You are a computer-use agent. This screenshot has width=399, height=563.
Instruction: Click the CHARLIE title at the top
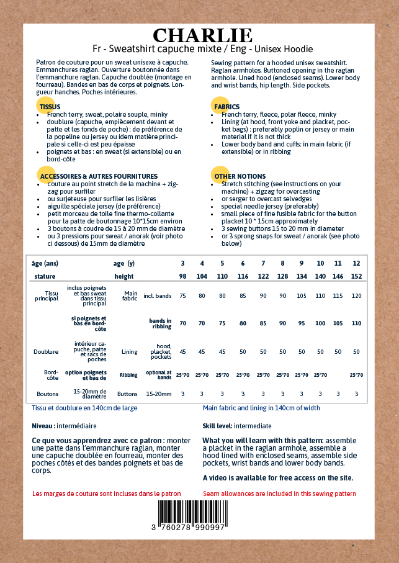pyautogui.click(x=202, y=35)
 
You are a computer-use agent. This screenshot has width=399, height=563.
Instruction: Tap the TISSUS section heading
pyautogui.click(x=50, y=107)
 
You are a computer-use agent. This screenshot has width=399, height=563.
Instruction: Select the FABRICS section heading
pyautogui.click(x=226, y=107)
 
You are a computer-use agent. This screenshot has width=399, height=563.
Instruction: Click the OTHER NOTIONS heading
pyautogui.click(x=240, y=176)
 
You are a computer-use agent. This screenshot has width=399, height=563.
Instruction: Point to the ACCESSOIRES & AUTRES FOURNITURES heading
pyautogui.click(x=99, y=176)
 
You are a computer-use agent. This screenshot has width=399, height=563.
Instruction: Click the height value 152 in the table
pyautogui.click(x=356, y=276)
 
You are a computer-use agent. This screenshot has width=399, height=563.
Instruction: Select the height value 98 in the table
pyautogui.click(x=182, y=276)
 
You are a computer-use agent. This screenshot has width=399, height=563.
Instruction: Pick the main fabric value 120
pyautogui.click(x=356, y=296)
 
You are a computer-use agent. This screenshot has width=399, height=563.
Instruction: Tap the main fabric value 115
pyautogui.click(x=338, y=296)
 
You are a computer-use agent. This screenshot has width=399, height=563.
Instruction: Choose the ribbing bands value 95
pyautogui.click(x=302, y=323)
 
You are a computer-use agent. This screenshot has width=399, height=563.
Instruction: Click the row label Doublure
pyautogui.click(x=46, y=351)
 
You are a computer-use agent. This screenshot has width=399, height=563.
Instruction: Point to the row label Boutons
pyautogui.click(x=47, y=394)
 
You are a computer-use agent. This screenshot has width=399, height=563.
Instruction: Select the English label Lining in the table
pyautogui.click(x=129, y=351)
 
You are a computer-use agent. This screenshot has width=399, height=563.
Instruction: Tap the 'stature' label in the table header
pyautogui.click(x=45, y=276)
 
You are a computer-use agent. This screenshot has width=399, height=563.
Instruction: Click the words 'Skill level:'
pyautogui.click(x=217, y=426)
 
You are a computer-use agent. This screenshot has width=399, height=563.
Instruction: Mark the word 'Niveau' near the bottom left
pyautogui.click(x=42, y=426)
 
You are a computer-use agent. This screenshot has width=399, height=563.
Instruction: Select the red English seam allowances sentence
pyautogui.click(x=279, y=493)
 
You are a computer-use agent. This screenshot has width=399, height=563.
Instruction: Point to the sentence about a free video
pyautogui.click(x=277, y=477)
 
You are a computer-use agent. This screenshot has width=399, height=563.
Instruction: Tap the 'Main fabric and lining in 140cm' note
pyautogui.click(x=261, y=408)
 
